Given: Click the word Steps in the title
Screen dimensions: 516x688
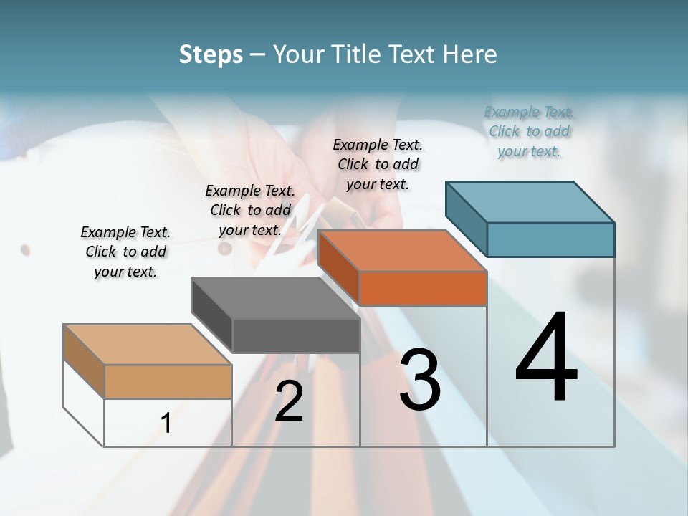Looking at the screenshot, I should tap(211, 54).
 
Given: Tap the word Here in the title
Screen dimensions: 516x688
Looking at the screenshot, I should tap(469, 54).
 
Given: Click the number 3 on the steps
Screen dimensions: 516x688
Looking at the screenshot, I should tap(420, 380).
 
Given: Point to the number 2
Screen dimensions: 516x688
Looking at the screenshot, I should tap(289, 401).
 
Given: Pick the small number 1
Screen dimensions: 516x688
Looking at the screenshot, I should tap(166, 423).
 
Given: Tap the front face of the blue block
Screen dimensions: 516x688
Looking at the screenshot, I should tap(550, 239).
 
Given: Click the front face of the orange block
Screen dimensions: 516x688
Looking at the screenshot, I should tap(423, 288).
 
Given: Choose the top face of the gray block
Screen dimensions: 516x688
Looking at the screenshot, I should tap(276, 298).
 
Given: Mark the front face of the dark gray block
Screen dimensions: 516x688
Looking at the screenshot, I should tap(296, 335).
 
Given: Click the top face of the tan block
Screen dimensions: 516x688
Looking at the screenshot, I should tap(148, 345).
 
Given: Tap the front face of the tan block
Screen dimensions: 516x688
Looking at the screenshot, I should tap(168, 381).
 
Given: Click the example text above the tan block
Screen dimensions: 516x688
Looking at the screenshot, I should tap(125, 252).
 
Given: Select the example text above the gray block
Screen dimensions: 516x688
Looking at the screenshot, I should tap(250, 210).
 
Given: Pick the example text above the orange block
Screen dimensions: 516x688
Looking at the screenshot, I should tap(378, 164).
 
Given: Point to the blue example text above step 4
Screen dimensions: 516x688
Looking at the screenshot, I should tap(530, 131).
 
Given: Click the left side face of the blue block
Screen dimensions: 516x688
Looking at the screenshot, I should tap(466, 218).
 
